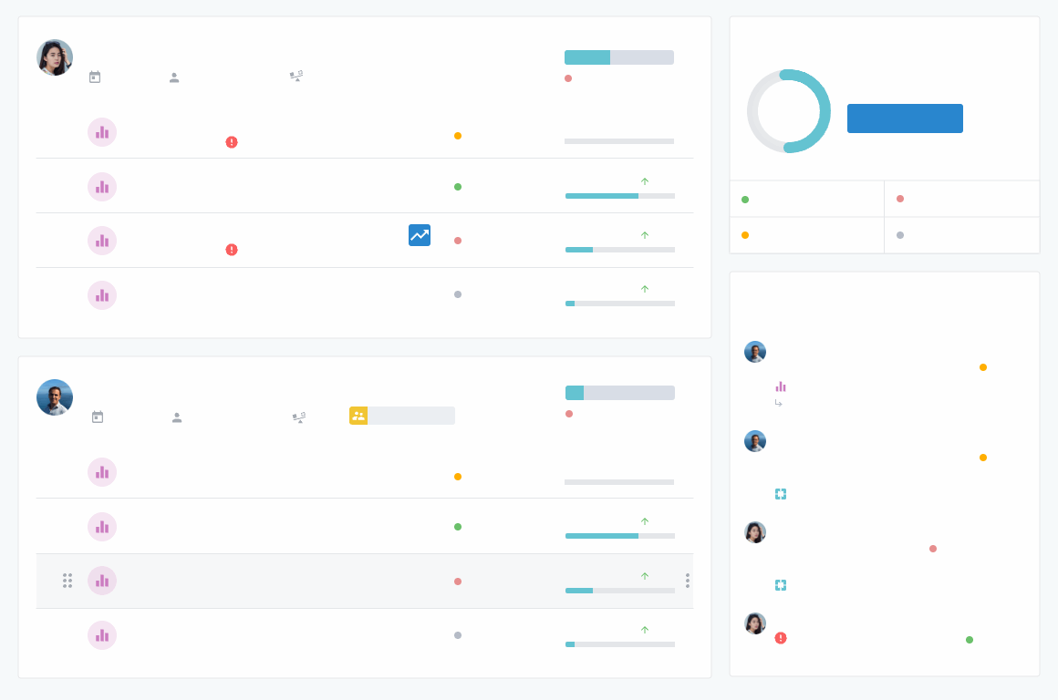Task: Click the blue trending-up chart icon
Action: (420, 235)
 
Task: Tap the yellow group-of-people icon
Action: (358, 416)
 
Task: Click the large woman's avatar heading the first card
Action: (55, 57)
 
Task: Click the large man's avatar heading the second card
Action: (55, 397)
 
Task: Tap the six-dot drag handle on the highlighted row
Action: (67, 581)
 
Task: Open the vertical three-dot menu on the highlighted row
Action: (687, 581)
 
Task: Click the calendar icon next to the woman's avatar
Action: (95, 77)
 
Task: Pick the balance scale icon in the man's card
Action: (298, 417)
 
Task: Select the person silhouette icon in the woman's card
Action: (174, 77)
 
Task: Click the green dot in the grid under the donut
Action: (745, 200)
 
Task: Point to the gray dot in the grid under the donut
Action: (900, 235)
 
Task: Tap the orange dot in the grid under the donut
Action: (745, 235)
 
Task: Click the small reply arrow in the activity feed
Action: (779, 403)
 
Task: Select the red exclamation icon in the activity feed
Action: (781, 638)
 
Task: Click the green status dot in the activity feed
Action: (970, 640)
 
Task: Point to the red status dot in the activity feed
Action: (933, 549)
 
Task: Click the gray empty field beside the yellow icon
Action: (410, 416)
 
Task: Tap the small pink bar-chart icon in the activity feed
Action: (781, 386)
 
